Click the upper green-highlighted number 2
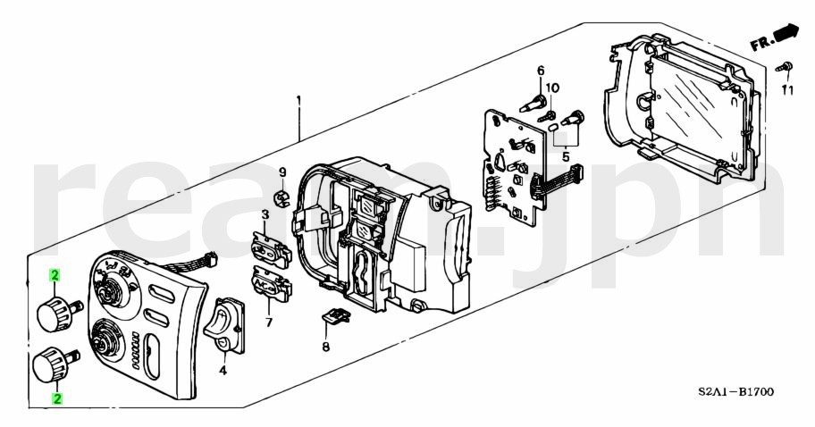tap(55, 278)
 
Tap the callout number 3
tap(265, 214)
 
